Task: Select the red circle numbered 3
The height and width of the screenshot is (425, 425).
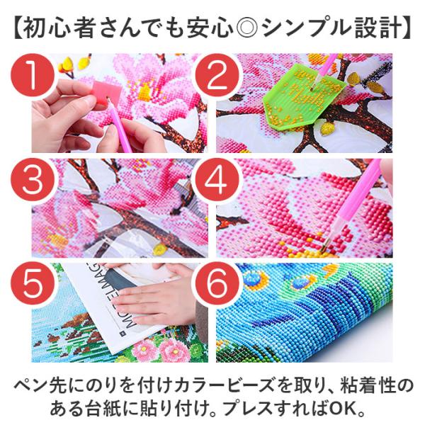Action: point(33,179)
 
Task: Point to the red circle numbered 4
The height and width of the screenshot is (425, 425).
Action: point(216,179)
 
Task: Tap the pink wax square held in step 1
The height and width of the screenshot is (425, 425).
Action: point(106,91)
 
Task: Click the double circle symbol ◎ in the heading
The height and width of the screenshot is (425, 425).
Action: point(248,27)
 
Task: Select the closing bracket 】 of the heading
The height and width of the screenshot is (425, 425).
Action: point(407,27)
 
